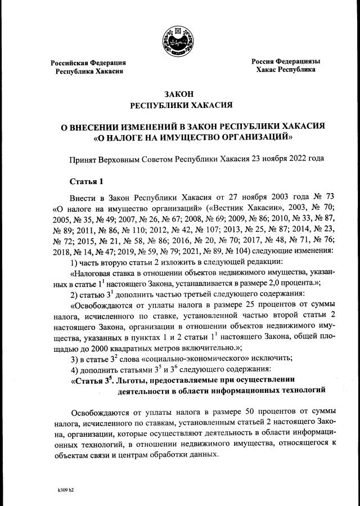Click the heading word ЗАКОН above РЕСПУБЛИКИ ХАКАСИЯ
pos(179,95)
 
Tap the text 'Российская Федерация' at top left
pos(88,62)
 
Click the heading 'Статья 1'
pos(86,181)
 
